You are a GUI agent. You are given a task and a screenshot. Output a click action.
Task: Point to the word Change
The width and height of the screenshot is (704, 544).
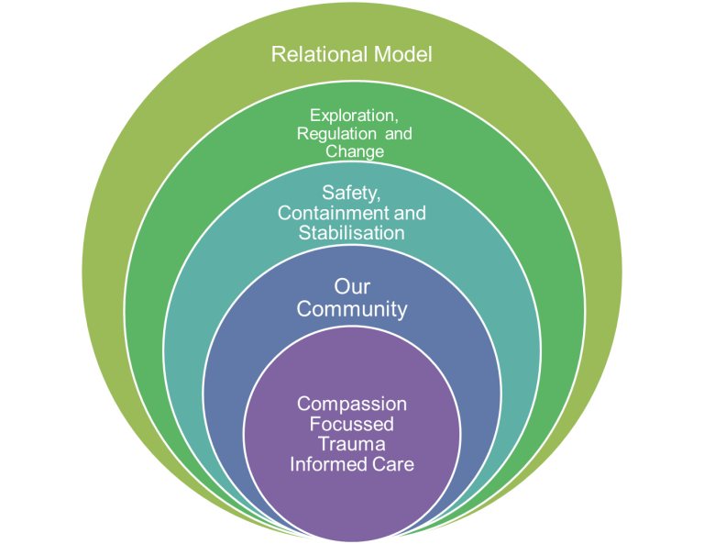[x=352, y=151]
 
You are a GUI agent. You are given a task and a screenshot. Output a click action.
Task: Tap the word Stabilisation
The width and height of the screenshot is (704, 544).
[x=351, y=233]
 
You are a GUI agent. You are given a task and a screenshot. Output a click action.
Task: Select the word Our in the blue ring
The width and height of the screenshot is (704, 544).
[x=351, y=287]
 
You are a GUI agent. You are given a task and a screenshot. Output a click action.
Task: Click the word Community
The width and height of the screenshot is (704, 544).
[x=351, y=309]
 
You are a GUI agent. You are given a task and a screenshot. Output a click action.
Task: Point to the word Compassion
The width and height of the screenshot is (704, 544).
[x=351, y=405]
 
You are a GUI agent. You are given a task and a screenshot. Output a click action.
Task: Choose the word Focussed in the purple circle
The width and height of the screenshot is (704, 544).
[x=351, y=425]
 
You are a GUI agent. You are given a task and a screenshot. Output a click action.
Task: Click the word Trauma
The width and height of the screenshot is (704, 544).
[x=351, y=445]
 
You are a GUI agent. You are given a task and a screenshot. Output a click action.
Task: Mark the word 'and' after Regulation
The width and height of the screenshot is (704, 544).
[x=398, y=134]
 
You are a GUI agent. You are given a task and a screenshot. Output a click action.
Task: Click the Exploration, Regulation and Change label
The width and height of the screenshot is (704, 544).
[x=352, y=134]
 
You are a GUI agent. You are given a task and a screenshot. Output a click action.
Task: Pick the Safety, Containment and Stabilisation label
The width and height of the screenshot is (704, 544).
[x=351, y=213]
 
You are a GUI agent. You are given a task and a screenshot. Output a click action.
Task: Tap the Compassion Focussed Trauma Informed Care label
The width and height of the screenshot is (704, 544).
[x=351, y=435]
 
